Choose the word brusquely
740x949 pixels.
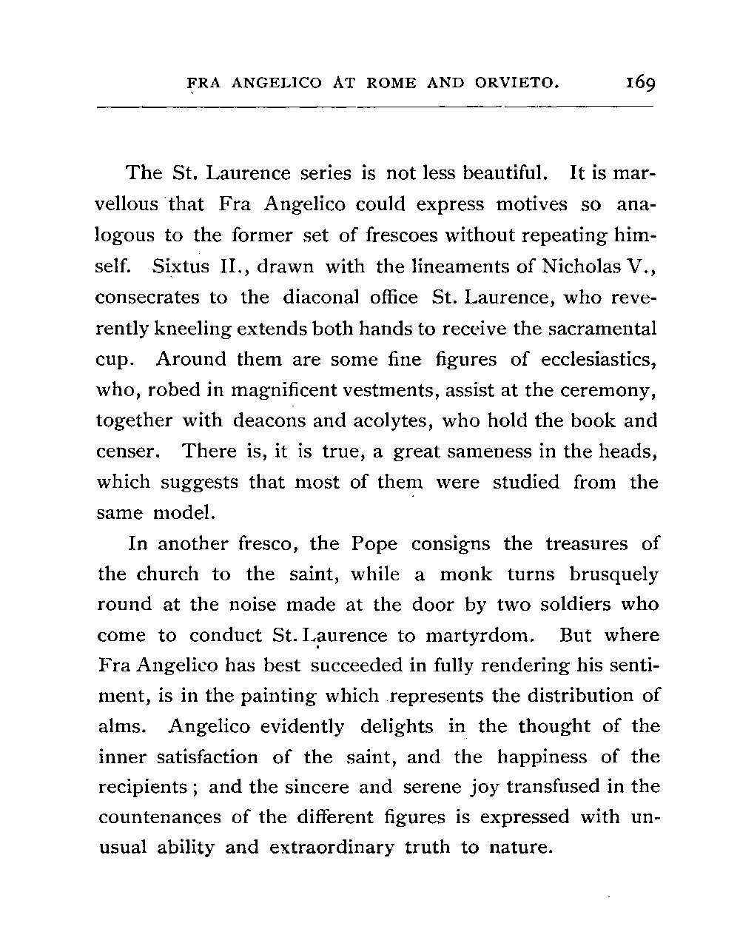(611, 574)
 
